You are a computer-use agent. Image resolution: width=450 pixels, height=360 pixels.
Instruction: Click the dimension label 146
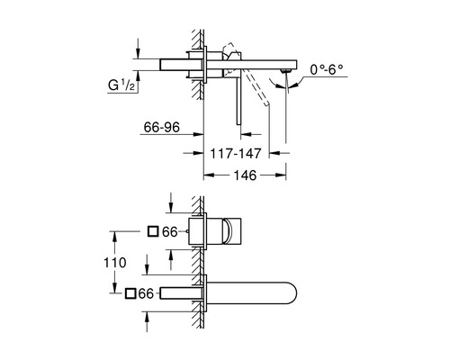[245, 175]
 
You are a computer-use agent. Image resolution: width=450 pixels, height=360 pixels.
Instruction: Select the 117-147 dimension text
[236, 154]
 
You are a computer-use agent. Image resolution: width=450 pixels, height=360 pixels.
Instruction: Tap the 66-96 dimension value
[162, 128]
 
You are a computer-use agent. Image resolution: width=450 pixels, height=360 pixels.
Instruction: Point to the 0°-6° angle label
[327, 70]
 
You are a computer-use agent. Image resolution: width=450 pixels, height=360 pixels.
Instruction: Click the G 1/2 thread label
[121, 85]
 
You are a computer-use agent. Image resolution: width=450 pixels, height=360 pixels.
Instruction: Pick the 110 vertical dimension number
[115, 263]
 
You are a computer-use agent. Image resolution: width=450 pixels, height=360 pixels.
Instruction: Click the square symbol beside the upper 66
[153, 231]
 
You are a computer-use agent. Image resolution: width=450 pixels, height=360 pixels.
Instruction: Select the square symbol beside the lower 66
[130, 293]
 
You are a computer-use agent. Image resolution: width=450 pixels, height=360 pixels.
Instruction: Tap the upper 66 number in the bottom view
[170, 232]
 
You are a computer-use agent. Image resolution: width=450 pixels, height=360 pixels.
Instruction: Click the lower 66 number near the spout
[146, 293]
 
